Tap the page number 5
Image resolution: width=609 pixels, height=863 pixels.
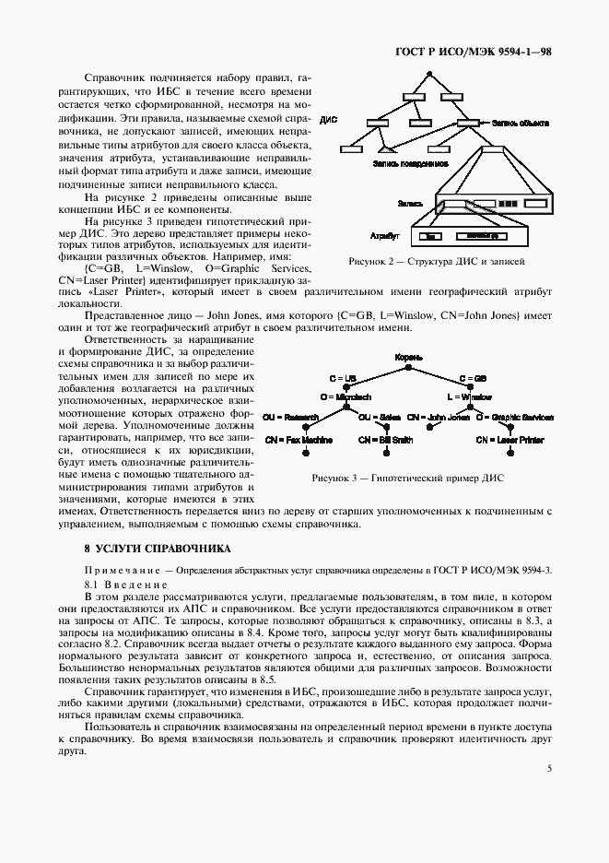549,766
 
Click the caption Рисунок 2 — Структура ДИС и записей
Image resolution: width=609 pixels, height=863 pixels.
437,263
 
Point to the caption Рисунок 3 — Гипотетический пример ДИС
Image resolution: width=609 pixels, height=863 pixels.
408,478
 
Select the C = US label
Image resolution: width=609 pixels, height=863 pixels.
343,378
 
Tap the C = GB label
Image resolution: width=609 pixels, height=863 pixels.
473,378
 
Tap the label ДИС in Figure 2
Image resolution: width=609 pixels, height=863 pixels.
329,121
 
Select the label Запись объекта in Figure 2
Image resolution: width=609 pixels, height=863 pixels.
521,122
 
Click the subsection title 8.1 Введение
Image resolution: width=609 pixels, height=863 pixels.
126,585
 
